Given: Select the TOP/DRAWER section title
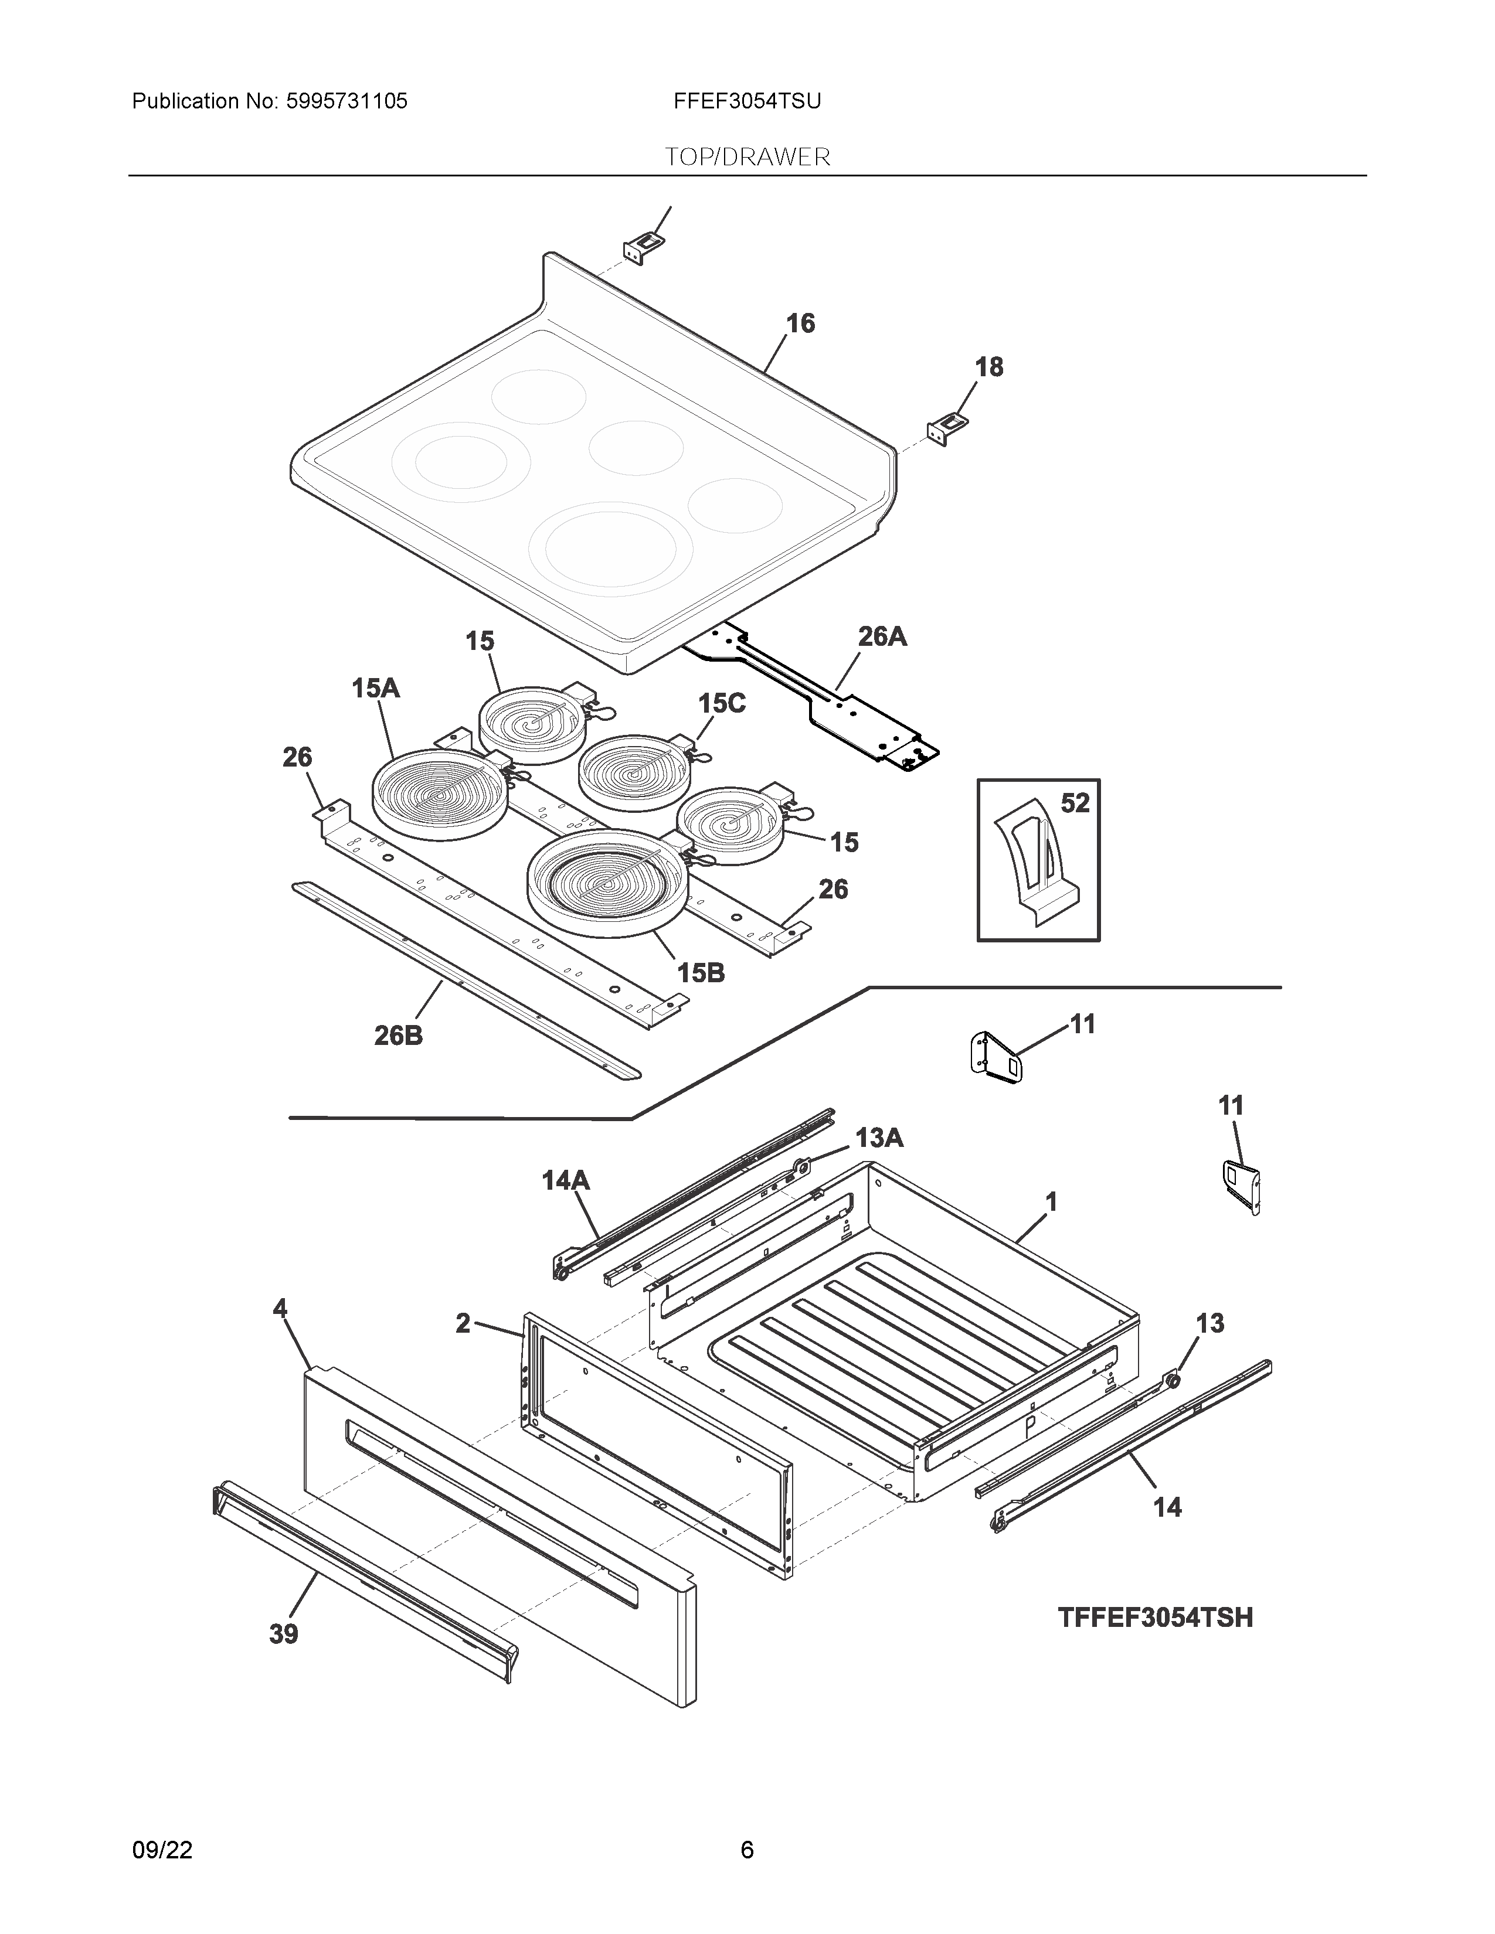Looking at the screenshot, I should pos(747,158).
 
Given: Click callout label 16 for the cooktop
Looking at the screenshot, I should pos(800,324).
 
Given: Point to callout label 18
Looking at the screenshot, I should pos(988,367).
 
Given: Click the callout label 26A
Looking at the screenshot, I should pos(882,636).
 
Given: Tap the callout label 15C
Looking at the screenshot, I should pos(721,703).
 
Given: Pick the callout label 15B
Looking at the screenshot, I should pos(701,973).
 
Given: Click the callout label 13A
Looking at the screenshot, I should pos(879,1138).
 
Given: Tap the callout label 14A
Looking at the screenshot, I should pos(565,1180).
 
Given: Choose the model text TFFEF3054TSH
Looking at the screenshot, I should pos(1155,1618).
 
